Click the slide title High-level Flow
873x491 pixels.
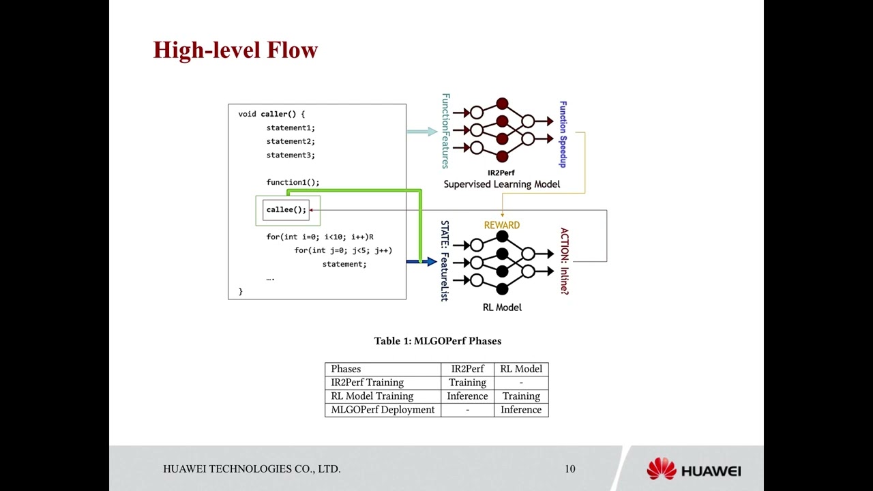(235, 50)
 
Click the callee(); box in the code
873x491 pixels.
(286, 209)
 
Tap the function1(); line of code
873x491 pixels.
(293, 182)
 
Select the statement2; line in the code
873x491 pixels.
(291, 141)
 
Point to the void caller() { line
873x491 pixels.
(271, 114)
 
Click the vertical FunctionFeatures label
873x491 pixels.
(445, 131)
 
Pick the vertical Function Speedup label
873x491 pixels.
(563, 134)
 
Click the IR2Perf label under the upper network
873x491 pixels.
(501, 173)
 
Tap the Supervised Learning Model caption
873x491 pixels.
(501, 184)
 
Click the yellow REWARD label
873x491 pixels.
(502, 225)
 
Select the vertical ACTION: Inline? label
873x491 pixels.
(564, 261)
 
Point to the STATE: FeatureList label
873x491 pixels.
(445, 261)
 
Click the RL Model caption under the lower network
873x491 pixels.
(502, 308)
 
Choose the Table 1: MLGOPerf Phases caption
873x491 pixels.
(437, 341)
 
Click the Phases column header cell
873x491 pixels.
(383, 369)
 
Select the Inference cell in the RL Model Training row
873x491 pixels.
(467, 396)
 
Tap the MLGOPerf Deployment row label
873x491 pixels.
(383, 410)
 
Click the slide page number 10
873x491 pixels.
(569, 468)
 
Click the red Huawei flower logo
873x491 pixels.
(661, 469)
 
